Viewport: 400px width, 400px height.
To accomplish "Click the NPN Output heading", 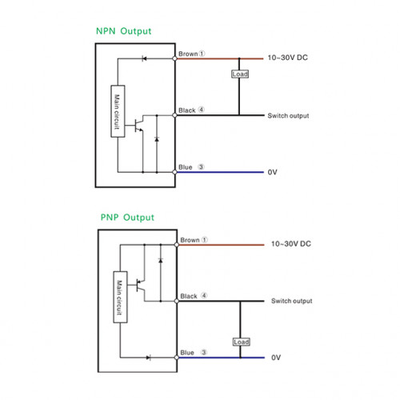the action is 123,31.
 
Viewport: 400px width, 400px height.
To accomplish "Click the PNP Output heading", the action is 127,218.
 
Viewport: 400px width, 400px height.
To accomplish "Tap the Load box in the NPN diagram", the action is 240,74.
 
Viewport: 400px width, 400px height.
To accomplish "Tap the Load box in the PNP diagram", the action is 242,342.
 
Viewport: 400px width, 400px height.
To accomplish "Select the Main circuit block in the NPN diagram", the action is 118,111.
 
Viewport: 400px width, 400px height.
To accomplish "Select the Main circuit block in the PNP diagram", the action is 120,297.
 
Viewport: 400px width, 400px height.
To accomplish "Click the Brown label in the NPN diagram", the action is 188,54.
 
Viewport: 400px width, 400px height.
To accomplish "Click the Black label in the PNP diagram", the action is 189,296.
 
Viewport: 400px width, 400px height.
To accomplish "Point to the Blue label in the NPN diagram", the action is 186,167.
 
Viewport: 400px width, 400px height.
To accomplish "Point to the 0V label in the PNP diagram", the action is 276,358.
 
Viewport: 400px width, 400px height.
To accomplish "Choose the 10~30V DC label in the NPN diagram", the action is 288,58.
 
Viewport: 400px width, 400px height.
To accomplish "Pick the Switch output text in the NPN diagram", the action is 288,116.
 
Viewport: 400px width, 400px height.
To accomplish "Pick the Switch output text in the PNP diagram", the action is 292,301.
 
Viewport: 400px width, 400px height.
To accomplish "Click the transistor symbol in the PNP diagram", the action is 139,285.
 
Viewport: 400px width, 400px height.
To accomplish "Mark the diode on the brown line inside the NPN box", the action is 144,58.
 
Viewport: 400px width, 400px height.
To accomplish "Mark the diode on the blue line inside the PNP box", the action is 149,358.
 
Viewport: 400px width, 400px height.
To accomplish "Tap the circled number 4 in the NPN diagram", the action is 202,110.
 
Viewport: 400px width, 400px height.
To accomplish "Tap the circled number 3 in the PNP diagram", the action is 204,352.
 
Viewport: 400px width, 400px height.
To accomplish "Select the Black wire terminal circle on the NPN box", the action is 174,115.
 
